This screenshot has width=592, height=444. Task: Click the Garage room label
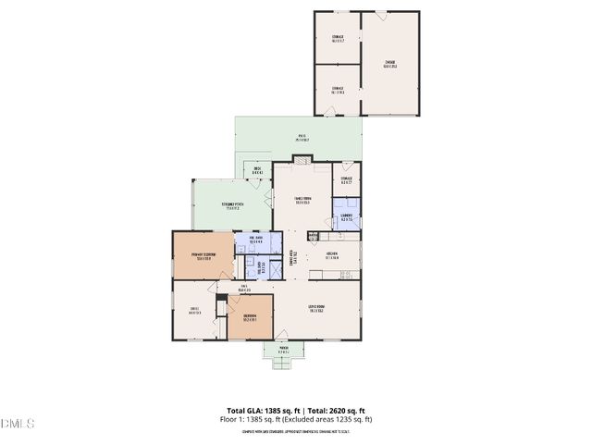pyautogui.click(x=389, y=64)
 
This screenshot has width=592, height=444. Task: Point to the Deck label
pyautogui.click(x=257, y=170)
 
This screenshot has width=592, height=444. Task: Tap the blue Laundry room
pyautogui.click(x=347, y=218)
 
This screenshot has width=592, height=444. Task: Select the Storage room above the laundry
pyautogui.click(x=347, y=181)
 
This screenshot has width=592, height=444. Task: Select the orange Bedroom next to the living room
pyautogui.click(x=250, y=318)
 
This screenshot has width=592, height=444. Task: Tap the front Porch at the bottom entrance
pyautogui.click(x=283, y=351)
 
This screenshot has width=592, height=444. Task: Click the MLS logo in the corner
pyautogui.click(x=17, y=424)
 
